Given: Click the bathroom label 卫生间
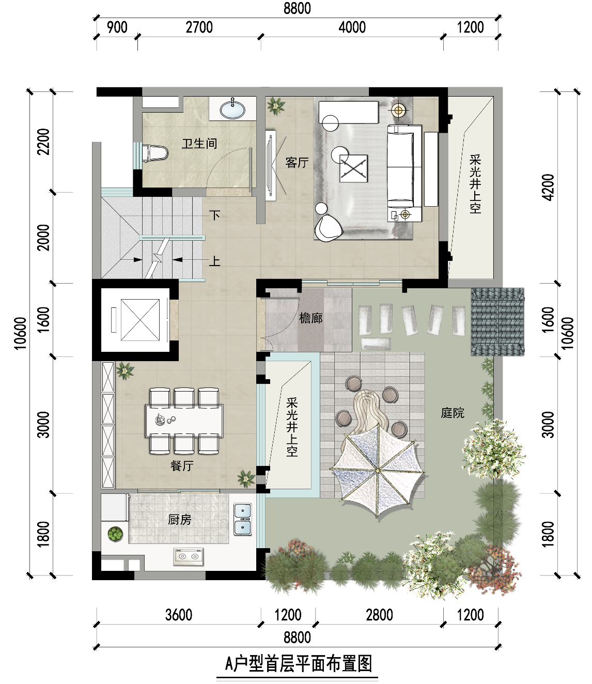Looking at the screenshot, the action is pos(199,144).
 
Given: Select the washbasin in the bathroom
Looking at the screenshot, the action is pos(233,109).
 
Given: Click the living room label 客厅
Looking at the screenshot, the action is pos(297,163).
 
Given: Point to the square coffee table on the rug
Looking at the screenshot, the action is pos(353,168).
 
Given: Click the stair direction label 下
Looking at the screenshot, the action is pos(215,215).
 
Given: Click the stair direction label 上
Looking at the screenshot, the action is pos(215,261).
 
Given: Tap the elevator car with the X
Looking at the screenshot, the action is pos(140,320).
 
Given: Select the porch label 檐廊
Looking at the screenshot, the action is pos(311,318).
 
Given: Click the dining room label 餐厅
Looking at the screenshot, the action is pos(182,466).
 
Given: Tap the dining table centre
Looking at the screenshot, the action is pos(184,421).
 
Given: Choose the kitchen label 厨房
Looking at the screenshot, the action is pos(179,520).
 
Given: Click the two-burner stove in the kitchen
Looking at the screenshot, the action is pos(189,556).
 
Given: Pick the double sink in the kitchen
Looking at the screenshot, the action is pos(243,520).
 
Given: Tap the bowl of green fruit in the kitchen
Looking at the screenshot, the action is pos(115,534).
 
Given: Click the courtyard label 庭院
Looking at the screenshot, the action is pos(453,413).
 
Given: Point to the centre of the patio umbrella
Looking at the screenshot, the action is pos(378,470).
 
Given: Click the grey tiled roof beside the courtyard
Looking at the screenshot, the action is pos(497,322).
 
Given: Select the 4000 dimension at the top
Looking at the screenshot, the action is pos(352,27).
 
